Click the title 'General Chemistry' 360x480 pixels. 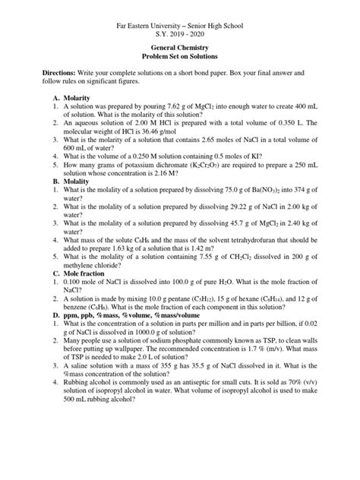click(x=180, y=47)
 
